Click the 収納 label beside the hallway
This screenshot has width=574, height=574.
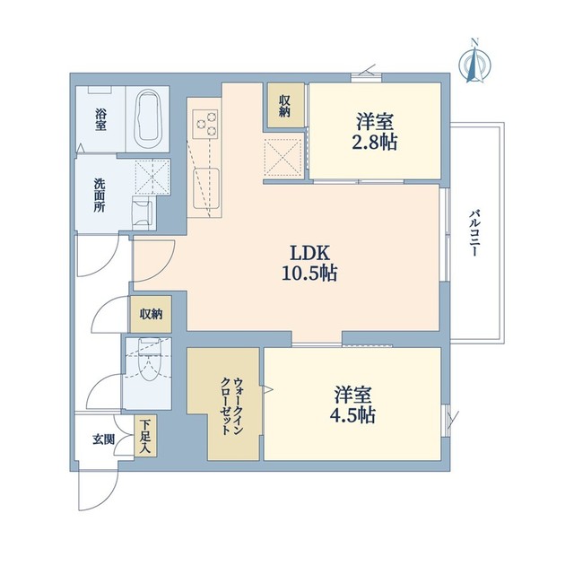[151, 313]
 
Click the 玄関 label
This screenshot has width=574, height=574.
[103, 440]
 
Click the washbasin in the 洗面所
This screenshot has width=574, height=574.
[143, 213]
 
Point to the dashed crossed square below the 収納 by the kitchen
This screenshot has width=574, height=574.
[284, 158]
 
